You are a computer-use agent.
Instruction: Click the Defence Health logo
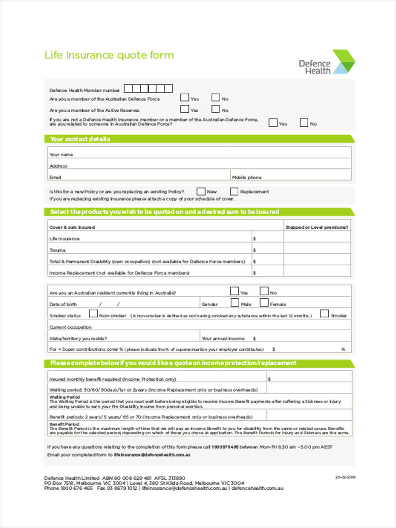[x=326, y=62]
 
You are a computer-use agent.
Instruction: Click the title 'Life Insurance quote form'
[x=109, y=55]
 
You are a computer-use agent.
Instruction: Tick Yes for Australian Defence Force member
[x=185, y=98]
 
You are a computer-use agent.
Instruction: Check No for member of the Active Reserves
[x=216, y=109]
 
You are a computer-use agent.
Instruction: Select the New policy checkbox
[x=201, y=191]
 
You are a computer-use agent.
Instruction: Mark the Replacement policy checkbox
[x=234, y=191]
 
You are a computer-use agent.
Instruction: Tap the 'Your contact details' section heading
[x=80, y=139]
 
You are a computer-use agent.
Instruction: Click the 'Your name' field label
[x=62, y=154]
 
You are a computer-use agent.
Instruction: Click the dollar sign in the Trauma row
[x=254, y=250]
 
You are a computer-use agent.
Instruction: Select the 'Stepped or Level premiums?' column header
[x=317, y=227]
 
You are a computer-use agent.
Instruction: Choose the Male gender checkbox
[x=235, y=303]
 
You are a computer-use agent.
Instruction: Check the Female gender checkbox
[x=264, y=303]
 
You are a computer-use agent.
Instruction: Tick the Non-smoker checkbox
[x=93, y=314]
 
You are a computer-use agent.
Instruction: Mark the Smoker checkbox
[x=324, y=314]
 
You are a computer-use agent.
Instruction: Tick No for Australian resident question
[x=264, y=291]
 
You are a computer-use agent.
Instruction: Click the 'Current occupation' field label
[x=70, y=327]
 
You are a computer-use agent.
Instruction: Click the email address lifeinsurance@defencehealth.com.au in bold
[x=152, y=455]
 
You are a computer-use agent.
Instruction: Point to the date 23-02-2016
[x=345, y=477]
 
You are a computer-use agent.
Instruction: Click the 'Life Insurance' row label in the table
[x=65, y=238]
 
